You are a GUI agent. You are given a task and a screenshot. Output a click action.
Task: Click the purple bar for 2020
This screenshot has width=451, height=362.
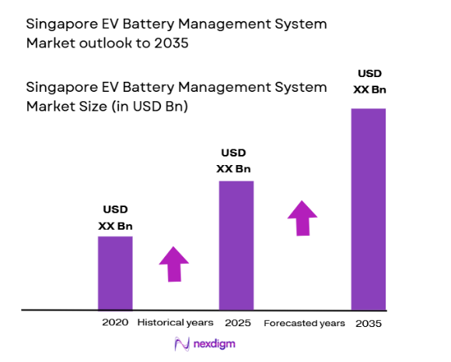point(115,272)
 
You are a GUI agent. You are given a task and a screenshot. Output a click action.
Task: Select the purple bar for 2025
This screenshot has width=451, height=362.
point(236,245)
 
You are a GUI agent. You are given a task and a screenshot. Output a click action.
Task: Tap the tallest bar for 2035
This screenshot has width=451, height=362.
point(369,209)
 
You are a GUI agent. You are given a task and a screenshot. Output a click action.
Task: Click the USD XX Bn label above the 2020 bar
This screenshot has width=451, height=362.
point(115,218)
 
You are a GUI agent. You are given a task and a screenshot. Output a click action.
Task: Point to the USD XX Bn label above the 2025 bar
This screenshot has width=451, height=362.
point(236,160)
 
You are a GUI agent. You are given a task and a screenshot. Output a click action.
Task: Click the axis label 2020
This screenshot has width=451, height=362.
point(115,322)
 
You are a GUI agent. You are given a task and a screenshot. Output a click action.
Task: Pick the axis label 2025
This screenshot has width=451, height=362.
point(237,322)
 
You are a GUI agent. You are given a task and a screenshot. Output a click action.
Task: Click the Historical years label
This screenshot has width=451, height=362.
point(175,322)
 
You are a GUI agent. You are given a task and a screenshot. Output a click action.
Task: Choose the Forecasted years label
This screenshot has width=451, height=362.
point(303,322)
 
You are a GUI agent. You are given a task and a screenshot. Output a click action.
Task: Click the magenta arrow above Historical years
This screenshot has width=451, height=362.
point(173,265)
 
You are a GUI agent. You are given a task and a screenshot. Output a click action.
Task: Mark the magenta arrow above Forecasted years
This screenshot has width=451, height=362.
point(302,218)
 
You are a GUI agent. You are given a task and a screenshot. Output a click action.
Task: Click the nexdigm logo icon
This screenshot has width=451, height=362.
point(183,343)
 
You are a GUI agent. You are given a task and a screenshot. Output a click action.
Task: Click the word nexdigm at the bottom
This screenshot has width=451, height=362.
point(215,343)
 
